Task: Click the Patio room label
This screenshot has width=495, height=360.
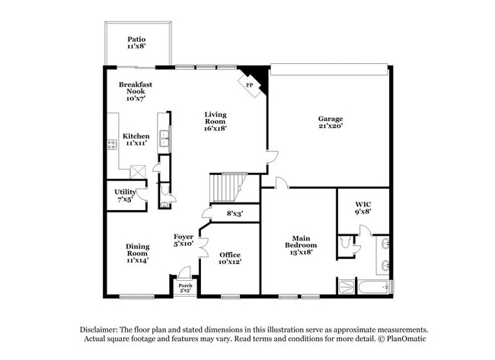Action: (x=136, y=43)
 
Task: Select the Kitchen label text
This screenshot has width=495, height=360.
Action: (x=136, y=139)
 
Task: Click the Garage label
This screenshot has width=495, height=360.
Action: (x=330, y=123)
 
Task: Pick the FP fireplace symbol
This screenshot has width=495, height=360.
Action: (x=250, y=84)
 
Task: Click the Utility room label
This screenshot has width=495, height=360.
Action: (x=124, y=195)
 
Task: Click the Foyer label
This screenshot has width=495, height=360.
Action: (x=183, y=241)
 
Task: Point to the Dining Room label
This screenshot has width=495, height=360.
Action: (x=137, y=253)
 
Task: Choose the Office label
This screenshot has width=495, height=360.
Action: (x=230, y=258)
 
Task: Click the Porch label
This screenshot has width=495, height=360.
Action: (x=184, y=288)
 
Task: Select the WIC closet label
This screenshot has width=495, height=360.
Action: (x=362, y=208)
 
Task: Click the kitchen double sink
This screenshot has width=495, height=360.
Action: (x=164, y=137)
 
